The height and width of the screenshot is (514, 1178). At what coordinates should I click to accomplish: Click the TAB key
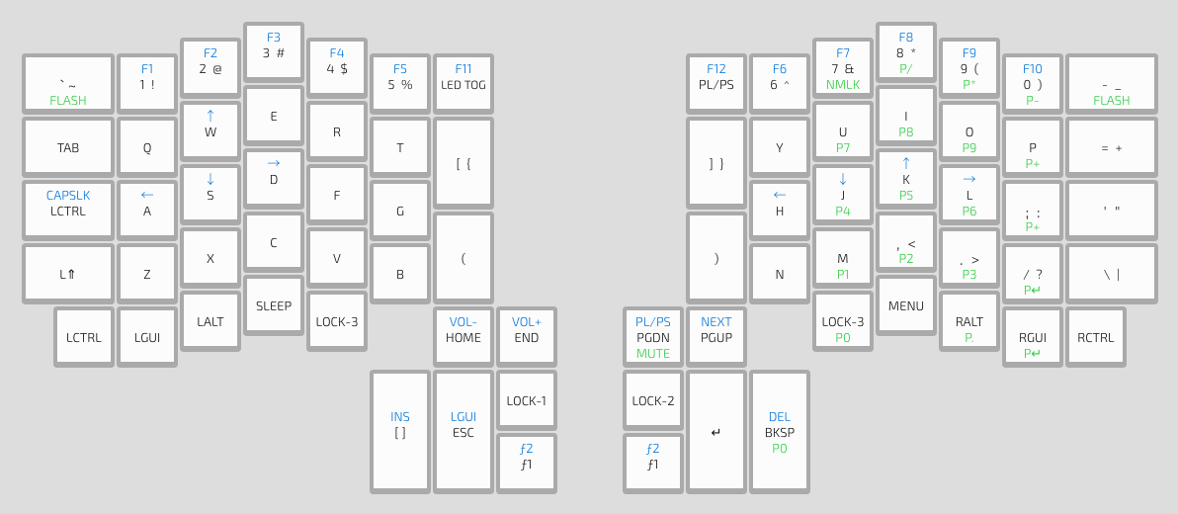coord(68,148)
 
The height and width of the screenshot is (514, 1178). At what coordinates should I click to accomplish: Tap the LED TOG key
coord(463,84)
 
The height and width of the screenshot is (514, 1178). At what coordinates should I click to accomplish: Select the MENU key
coord(906,305)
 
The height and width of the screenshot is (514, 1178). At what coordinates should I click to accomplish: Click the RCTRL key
coord(1096,337)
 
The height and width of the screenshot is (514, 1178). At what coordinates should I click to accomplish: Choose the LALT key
coord(210,321)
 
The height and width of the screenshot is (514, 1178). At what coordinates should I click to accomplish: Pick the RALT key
coord(969,321)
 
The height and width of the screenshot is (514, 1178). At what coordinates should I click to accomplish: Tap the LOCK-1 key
coord(527,400)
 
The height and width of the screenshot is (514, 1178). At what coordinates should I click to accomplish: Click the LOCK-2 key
coord(653,400)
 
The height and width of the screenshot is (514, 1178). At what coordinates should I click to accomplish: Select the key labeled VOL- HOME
coord(463,337)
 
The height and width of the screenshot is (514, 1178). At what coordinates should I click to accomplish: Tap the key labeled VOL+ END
coord(527,337)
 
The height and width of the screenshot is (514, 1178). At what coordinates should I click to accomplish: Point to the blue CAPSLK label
coord(68,196)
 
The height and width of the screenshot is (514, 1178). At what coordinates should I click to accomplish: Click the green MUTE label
coord(653,353)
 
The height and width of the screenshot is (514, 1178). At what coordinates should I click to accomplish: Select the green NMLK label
coord(843,85)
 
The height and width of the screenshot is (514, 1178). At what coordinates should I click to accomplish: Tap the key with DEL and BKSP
coord(780,432)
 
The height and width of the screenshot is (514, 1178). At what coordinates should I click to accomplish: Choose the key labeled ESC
coord(463,432)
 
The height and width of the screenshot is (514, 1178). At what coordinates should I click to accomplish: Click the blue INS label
coord(400,417)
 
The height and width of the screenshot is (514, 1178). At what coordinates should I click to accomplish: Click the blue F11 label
coord(463,69)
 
